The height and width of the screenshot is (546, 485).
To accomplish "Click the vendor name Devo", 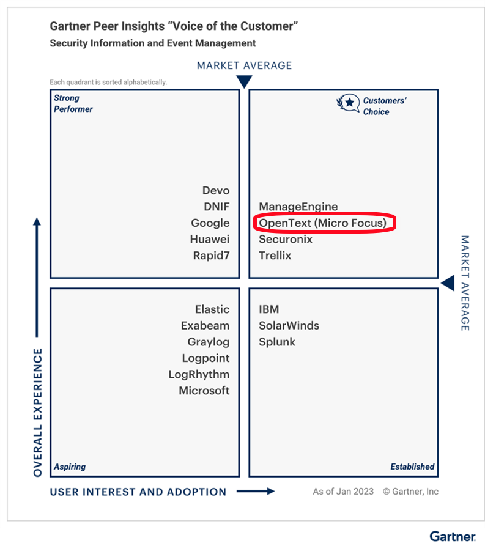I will (216, 191).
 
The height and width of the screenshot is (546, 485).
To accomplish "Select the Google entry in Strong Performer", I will (210, 223).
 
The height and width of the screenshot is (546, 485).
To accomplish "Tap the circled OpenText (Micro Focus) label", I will (322, 223).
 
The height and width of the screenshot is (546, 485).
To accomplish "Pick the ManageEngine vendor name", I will (298, 207).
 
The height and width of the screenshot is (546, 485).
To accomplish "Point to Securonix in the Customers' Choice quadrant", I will (285, 239).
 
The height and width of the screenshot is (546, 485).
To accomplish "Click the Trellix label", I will (275, 256).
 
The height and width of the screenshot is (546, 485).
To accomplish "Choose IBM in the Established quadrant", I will (268, 309).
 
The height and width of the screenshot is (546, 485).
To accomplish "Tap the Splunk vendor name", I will (276, 342).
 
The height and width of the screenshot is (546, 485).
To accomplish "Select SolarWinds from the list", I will (289, 325).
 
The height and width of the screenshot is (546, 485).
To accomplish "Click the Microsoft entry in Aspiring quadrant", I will (204, 390).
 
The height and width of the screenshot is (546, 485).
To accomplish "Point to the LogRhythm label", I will (199, 374).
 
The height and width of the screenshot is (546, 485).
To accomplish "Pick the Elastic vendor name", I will (212, 309).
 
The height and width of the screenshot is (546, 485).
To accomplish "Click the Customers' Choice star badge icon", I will (348, 103).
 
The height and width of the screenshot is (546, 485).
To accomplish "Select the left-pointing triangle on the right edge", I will (448, 283).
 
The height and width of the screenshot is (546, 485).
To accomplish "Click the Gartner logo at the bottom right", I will (452, 536).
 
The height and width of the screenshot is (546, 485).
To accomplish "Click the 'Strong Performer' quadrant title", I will (73, 103).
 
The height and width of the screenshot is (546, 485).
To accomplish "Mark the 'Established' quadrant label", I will (412, 467).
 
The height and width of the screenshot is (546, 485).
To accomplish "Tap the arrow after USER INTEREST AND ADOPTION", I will (255, 491).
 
